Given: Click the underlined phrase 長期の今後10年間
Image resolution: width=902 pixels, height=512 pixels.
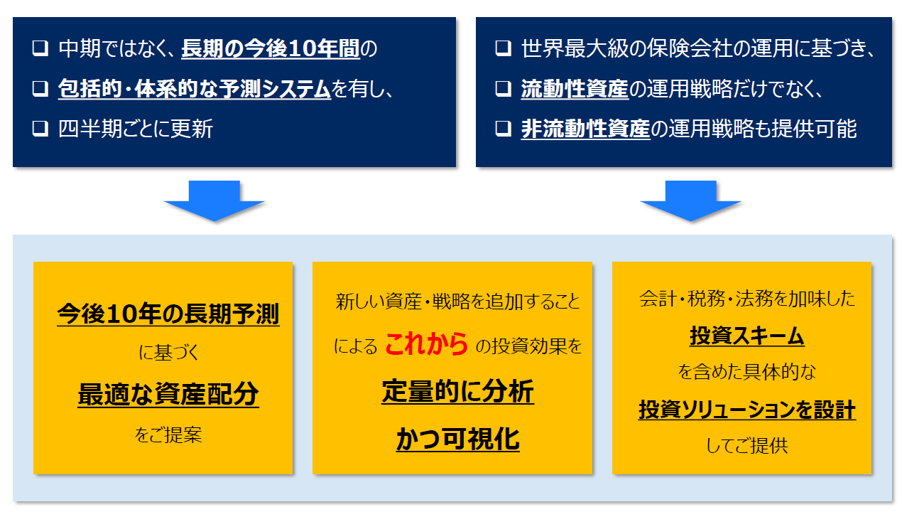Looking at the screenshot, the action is point(270,48).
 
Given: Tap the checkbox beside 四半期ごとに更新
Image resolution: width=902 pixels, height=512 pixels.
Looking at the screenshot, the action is point(40,129).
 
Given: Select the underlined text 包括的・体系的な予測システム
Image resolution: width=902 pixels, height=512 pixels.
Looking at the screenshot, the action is point(195,89).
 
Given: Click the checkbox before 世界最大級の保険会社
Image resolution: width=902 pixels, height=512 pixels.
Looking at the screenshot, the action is point(504,48).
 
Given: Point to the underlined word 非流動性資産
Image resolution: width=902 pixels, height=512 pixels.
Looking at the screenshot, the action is point(585,129).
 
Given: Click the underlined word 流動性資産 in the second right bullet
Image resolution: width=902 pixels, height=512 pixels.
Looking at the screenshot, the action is point(575,89).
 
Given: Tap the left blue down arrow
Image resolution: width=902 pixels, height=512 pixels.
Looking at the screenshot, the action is point(214,201).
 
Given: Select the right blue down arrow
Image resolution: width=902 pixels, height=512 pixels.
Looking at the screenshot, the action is point(690,201).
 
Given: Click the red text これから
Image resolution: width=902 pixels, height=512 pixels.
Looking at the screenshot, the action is point(426,344).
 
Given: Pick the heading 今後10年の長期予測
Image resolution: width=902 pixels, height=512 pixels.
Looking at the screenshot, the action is point(168,314).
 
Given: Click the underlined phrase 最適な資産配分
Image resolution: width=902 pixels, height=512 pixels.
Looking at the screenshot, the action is point(168,394).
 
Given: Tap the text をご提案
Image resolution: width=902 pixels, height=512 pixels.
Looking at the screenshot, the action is point(168,435).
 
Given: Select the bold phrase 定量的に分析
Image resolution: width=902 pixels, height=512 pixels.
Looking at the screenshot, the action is point(458,391).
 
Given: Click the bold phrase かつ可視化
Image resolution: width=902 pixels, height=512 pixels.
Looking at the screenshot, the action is point(458,439).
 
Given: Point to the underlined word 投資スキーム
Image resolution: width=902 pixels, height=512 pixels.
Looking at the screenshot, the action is point(747,336).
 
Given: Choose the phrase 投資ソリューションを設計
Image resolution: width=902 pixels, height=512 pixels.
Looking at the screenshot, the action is point(747,410).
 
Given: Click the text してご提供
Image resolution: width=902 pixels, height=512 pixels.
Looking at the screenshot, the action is point(747,446).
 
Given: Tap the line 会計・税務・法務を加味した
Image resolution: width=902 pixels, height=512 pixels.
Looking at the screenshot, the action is point(747,299).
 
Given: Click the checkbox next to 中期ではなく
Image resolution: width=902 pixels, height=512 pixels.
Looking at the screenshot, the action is point(40,48).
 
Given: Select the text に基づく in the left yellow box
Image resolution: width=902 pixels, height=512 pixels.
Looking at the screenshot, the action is point(168,353).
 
